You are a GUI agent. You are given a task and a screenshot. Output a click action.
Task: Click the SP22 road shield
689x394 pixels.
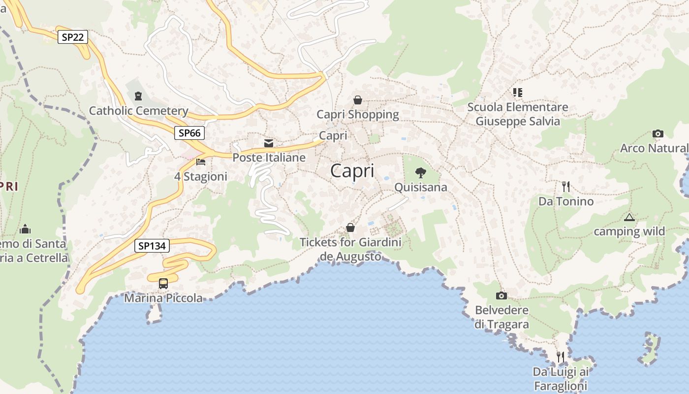coord(73,37)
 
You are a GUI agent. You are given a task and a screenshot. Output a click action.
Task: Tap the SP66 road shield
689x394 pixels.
coord(189,133)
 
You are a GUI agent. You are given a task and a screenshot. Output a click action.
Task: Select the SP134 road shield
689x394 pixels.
coord(152,246)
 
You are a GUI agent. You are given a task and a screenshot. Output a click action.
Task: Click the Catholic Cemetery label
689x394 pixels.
coord(138,111)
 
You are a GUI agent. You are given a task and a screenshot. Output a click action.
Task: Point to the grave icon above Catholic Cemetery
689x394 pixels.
coord(138,96)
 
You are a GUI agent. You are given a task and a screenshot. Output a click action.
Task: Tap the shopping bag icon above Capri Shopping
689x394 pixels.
coord(358,100)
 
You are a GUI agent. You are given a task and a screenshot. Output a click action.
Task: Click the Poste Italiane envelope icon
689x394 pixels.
coord(269,143)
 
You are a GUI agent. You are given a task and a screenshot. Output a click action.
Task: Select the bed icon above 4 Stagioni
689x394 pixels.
coord(201,162)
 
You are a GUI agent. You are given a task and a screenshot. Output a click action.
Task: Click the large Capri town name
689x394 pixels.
coord(352,171)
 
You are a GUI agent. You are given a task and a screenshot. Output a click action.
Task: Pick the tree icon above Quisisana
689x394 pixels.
coord(421,172)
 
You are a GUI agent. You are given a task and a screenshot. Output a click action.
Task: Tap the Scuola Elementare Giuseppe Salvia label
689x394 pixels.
coord(518,114)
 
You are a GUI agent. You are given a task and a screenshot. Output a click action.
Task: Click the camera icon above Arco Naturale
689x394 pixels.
coord(658,133)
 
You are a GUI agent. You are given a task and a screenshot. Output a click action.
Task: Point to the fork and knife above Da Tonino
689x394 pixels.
coord(566,187)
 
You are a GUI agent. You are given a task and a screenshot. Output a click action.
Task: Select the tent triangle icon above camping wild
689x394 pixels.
coord(629,217)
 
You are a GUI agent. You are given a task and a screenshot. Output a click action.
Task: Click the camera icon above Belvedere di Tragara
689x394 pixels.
coord(501,295)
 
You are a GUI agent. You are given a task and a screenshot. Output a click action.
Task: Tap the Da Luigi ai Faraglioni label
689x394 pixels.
coord(561,379)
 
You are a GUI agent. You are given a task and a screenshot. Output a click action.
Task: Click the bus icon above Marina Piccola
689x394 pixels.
coord(163,284)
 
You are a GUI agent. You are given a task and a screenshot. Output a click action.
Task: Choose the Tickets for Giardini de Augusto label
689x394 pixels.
coord(350,249)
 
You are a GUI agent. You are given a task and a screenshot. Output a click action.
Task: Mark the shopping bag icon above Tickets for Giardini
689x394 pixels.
coord(350,228)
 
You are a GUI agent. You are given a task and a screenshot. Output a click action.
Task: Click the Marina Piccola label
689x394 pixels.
coord(163,298)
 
